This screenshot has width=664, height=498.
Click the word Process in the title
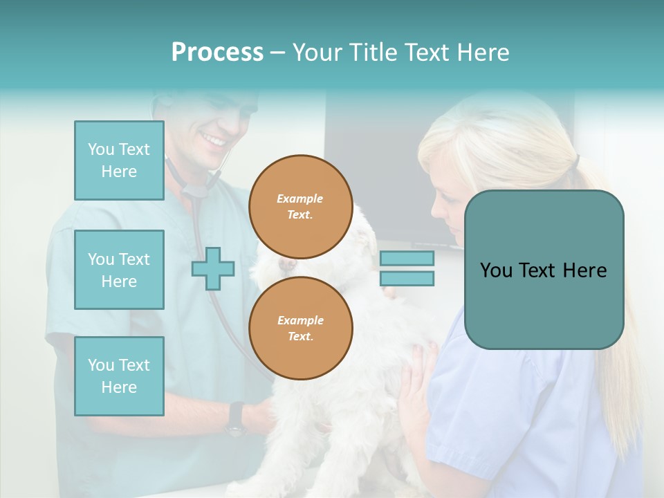pyautogui.click(x=217, y=53)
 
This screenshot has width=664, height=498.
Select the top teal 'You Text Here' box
pyautogui.click(x=119, y=160)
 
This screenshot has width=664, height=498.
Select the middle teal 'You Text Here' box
pyautogui.click(x=119, y=270)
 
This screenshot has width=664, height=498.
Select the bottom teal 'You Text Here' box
pyautogui.click(x=119, y=376)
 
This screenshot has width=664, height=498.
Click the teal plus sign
pyautogui.click(x=213, y=269)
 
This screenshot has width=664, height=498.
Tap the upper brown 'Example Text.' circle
pyautogui.click(x=300, y=207)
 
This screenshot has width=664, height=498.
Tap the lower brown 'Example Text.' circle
pyautogui.click(x=300, y=329)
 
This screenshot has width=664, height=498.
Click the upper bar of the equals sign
pyautogui.click(x=407, y=259)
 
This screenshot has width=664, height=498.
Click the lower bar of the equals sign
pyautogui.click(x=407, y=279)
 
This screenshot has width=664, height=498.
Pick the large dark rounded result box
pyautogui.click(x=544, y=270)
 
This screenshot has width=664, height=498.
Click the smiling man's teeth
pyautogui.click(x=214, y=141)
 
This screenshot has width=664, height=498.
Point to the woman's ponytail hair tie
pyautogui.click(x=575, y=162)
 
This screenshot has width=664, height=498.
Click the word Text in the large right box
pyautogui.click(x=544, y=270)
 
